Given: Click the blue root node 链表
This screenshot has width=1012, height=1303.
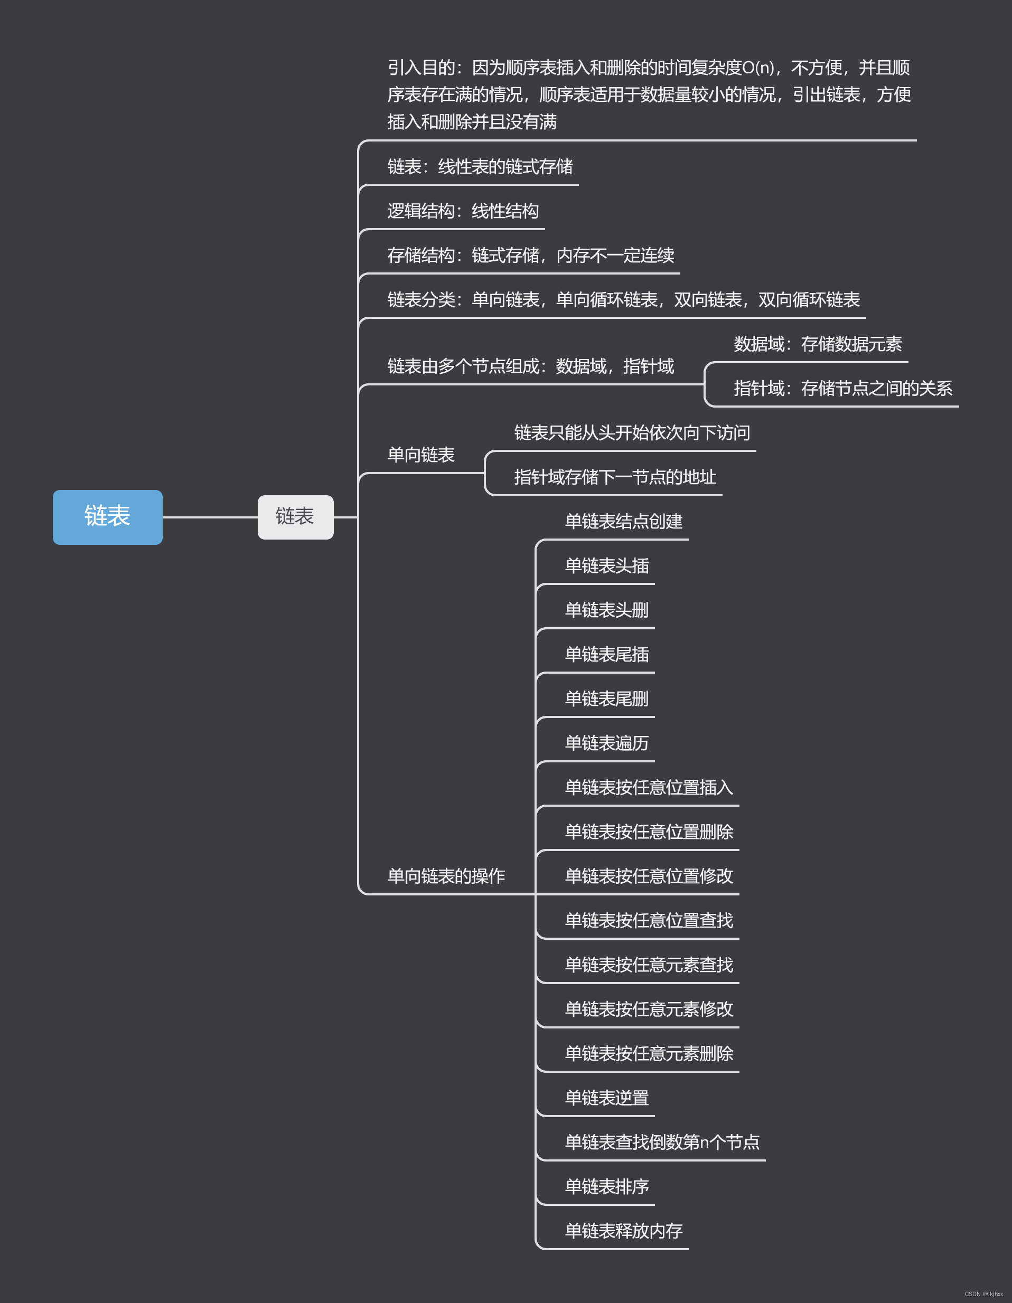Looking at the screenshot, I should (107, 517).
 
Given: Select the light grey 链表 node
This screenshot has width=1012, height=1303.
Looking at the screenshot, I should (295, 517).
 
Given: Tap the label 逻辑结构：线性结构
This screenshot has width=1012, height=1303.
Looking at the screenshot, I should (463, 211).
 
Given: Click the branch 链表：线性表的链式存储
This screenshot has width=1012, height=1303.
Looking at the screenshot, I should (480, 167).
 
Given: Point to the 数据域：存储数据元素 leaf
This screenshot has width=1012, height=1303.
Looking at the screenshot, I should (818, 344).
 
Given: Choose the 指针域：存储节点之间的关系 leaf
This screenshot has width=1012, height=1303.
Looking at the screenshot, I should (842, 389).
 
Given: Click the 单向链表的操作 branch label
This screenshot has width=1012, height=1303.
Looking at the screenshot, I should (446, 876).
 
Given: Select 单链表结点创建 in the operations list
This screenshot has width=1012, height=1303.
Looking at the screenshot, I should (624, 522).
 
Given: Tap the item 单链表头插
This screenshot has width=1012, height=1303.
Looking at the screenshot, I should (607, 566).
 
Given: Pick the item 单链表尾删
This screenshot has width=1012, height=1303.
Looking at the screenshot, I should (607, 699).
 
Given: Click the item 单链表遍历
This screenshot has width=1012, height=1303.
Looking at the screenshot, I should (607, 743).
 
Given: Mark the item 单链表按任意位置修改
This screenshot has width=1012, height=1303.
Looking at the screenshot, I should (649, 876).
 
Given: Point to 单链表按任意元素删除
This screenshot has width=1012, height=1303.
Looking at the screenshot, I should (649, 1054).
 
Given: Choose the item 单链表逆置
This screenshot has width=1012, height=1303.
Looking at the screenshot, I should (607, 1098).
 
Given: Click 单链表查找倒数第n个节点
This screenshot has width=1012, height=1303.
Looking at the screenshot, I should (662, 1143).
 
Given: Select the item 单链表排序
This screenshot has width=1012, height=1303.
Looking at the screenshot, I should (607, 1187).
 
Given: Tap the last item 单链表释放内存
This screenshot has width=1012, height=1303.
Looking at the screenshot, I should (624, 1231).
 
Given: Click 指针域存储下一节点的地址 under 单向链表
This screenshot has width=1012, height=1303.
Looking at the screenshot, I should (615, 477).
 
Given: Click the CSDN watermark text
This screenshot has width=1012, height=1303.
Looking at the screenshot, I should (983, 1294).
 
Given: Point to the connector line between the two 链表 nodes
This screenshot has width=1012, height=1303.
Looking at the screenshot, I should (210, 517).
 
